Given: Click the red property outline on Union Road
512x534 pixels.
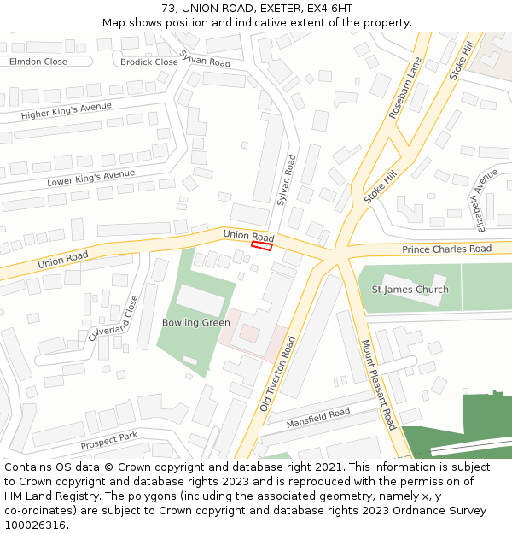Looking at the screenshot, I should pyautogui.click(x=262, y=247).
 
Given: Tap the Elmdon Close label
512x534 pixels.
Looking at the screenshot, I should pyautogui.click(x=38, y=62).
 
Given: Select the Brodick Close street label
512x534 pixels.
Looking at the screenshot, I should pyautogui.click(x=149, y=62).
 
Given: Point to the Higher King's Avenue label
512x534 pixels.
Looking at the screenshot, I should pyautogui.click(x=67, y=111).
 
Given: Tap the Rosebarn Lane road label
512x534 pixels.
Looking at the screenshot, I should pyautogui.click(x=406, y=88).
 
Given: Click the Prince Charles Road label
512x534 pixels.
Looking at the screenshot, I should pyautogui.click(x=446, y=249).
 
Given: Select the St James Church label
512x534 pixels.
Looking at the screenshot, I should pyautogui.click(x=410, y=290).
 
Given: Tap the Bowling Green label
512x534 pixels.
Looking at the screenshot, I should pyautogui.click(x=196, y=323).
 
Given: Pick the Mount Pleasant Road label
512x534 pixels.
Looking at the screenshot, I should pyautogui.click(x=378, y=384).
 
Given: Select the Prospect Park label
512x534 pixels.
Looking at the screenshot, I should pyautogui.click(x=109, y=441).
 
